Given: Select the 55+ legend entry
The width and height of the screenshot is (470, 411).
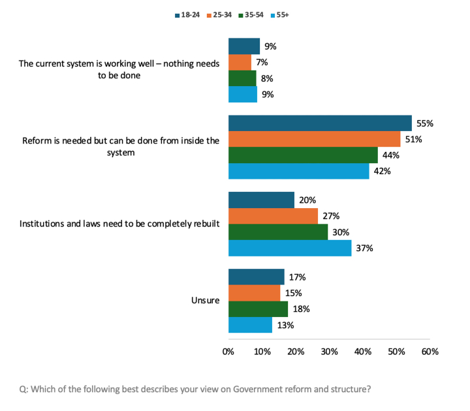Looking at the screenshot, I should point(279,14).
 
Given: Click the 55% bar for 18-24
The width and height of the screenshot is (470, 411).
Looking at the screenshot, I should point(320,123).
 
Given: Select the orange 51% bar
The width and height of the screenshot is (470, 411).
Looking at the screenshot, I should point(314,139).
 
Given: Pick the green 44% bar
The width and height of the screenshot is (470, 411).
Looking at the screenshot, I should point(303,155).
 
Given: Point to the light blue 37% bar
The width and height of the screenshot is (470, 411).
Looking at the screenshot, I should point(290,248).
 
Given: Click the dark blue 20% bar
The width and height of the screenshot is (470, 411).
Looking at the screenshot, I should point(261,200).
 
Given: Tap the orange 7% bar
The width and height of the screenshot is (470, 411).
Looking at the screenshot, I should point(240,63).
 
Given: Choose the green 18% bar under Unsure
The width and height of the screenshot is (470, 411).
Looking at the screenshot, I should point(258,309).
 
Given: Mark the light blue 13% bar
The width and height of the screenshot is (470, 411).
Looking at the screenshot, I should point(250,325).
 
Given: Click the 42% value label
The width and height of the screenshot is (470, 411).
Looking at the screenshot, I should point(381,172).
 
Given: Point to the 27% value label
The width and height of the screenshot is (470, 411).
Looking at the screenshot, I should point(330,217).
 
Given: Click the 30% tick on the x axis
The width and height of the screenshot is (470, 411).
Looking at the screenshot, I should point(329,352).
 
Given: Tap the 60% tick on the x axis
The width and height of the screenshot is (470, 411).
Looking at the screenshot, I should point(430,352).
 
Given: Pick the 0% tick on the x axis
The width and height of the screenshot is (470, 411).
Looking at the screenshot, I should point(228,352).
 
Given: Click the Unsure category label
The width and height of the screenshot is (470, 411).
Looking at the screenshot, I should point(206,301).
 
